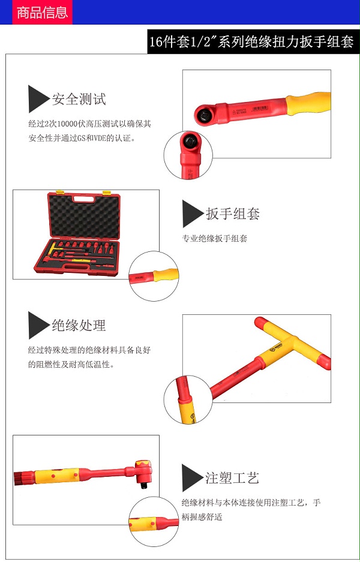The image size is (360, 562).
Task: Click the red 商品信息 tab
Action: [x=43, y=12]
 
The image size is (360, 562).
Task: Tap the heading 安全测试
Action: [x=79, y=99]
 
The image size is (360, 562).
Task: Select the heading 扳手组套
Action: [x=233, y=214]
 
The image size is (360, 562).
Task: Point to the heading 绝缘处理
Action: [x=79, y=325]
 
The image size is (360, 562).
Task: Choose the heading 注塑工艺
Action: [x=232, y=477]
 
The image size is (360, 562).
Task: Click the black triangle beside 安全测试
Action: [x=37, y=99]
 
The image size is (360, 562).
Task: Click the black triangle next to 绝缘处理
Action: [x=37, y=325]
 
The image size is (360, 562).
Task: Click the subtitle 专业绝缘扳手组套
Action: [x=215, y=238]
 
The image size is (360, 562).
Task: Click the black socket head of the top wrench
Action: [x=205, y=115]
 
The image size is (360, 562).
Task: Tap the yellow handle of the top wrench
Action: [x=308, y=103]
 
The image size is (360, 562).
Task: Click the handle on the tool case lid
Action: [x=85, y=200]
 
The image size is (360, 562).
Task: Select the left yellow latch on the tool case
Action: [x=60, y=193]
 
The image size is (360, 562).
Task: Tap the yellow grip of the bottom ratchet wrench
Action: [x=57, y=476]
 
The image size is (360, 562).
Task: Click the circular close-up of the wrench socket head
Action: [x=188, y=155]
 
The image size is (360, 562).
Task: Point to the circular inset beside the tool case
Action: [x=154, y=276]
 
